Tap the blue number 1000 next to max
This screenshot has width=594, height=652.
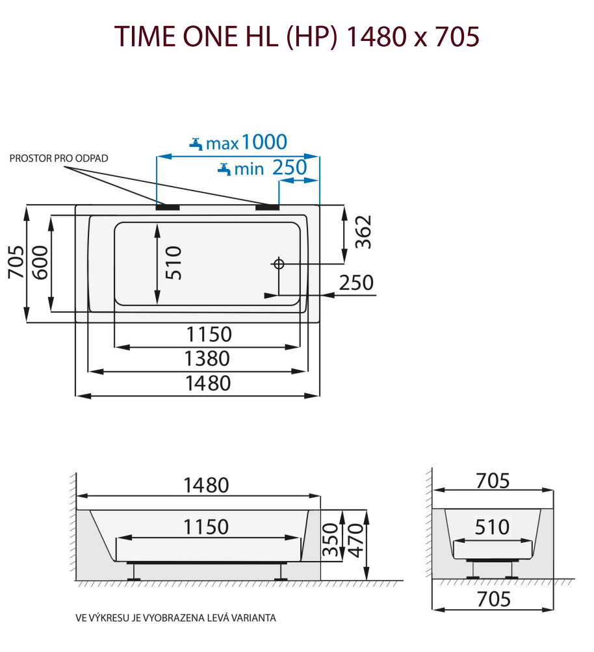(264, 141)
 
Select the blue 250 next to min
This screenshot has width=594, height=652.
(289, 168)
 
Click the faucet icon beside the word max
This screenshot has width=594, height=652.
(196, 143)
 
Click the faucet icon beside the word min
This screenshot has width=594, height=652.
(224, 169)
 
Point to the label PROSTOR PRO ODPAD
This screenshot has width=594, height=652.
(58, 159)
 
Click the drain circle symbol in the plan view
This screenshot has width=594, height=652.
(279, 263)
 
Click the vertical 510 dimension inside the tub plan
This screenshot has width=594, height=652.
(174, 263)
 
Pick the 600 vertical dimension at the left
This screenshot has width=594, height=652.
(40, 263)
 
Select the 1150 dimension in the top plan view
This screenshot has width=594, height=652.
(208, 334)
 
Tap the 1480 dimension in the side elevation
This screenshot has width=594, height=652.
(206, 485)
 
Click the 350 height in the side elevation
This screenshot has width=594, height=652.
(331, 541)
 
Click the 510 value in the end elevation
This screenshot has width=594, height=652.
(492, 527)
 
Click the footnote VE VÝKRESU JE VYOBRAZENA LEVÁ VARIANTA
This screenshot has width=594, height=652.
(175, 618)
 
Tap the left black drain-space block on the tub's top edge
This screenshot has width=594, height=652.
(168, 207)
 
